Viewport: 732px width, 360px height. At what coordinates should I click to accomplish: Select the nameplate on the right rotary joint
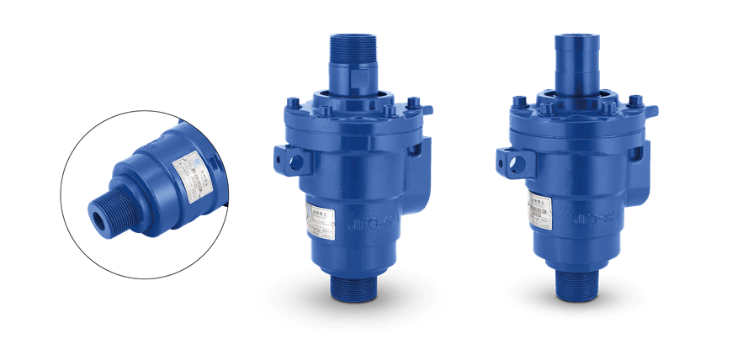coord(542,206)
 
